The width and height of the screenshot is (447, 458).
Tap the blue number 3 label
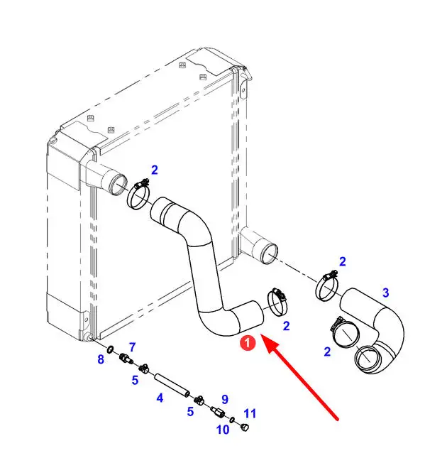point(385,293)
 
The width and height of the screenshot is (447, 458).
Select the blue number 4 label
point(160,398)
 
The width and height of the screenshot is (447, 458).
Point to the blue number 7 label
point(132,347)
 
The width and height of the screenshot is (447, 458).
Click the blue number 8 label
point(101,359)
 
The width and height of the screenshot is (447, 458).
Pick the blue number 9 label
point(224,399)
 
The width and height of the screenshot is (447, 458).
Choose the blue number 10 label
point(223,430)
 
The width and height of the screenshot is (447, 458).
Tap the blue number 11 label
point(249,413)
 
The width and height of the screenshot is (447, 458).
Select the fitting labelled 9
point(218,412)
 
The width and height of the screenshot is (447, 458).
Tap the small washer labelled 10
point(233,420)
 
